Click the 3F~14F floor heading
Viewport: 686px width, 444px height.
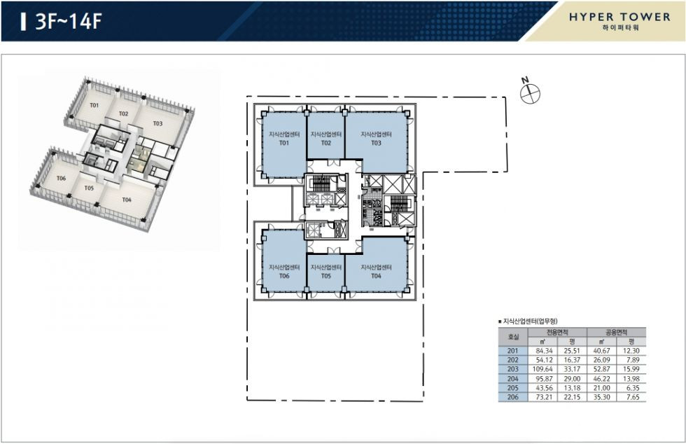tap(68, 21)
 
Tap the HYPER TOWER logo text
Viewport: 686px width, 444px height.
tap(620, 17)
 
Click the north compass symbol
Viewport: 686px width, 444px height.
tap(530, 94)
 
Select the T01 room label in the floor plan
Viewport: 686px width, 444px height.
tap(284, 143)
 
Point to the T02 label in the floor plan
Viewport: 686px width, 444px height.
tap(326, 143)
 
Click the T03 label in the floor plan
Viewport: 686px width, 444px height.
tap(377, 143)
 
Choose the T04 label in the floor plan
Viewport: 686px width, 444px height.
tap(377, 276)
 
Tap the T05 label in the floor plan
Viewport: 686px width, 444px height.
tap(326, 276)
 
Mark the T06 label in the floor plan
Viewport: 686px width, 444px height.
tap(284, 276)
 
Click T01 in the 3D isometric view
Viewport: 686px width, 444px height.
tap(94, 105)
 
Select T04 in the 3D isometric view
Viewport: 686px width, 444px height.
tap(127, 200)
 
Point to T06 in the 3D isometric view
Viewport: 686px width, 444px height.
tap(61, 178)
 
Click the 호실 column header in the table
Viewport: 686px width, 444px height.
tap(513, 337)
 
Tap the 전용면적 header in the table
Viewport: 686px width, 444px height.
tap(557, 333)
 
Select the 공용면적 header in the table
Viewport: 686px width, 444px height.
tap(617, 333)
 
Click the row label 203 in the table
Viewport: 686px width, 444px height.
tap(512, 369)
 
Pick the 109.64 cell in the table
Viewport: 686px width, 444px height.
tap(542, 369)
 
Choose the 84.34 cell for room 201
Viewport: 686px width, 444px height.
tap(545, 351)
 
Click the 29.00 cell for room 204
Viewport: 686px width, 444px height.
tap(573, 379)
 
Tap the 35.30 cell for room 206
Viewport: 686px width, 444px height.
tap(601, 397)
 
